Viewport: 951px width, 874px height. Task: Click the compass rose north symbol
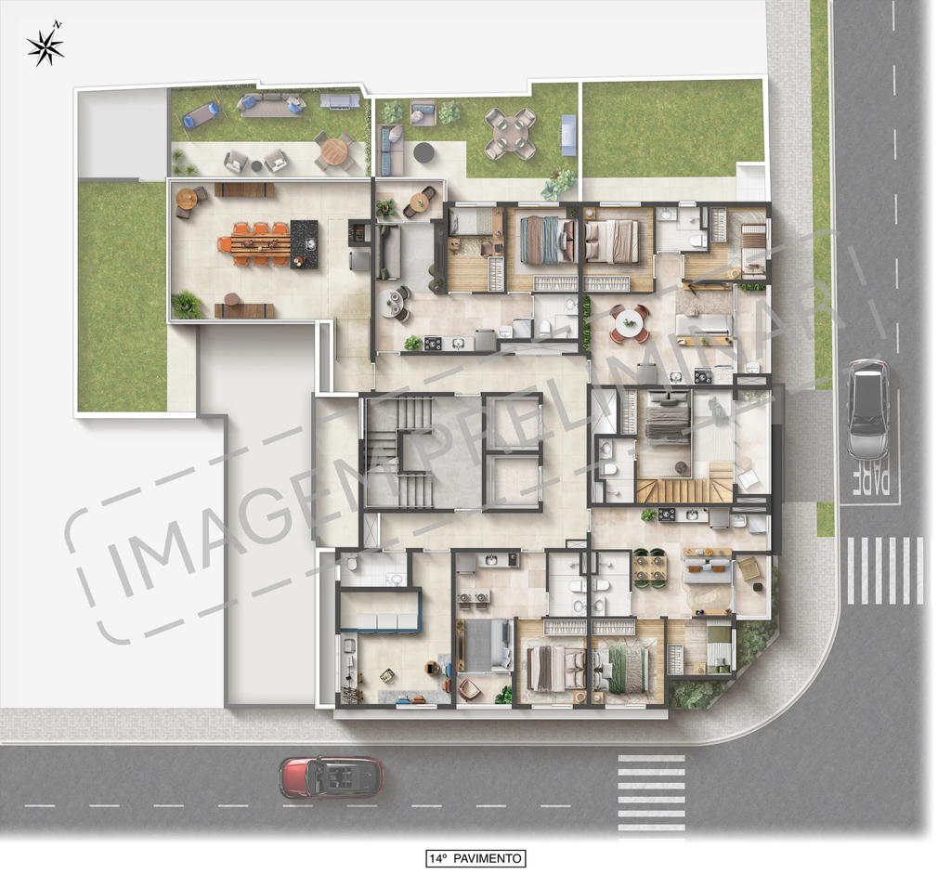(x=46, y=46)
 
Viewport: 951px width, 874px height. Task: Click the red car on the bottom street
(x=332, y=777)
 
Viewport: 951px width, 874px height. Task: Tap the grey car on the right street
(x=867, y=409)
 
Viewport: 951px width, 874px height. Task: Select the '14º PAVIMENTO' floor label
(x=475, y=858)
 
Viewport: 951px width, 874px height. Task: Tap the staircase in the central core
(x=399, y=453)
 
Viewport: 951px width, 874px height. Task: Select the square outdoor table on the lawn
(x=510, y=134)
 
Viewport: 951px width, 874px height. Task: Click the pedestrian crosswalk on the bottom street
(x=651, y=792)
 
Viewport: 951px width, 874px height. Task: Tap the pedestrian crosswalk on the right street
(x=883, y=570)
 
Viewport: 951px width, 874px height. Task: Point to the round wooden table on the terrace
(x=333, y=150)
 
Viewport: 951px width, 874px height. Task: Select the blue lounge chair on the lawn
(x=202, y=114)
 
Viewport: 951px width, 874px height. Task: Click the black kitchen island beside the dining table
(x=304, y=243)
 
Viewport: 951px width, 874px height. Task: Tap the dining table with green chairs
(x=650, y=569)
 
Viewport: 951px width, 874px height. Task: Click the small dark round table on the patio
(x=423, y=152)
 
